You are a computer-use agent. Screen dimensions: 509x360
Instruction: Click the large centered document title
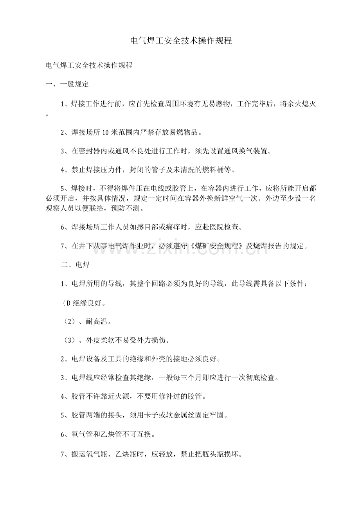pyautogui.click(x=180, y=41)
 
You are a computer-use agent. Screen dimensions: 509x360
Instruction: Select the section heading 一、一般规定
pyautogui.click(x=67, y=84)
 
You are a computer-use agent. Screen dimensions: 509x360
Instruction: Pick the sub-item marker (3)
pyautogui.click(x=69, y=340)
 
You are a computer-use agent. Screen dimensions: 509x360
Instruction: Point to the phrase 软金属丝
pyautogui.click(x=197, y=415)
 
